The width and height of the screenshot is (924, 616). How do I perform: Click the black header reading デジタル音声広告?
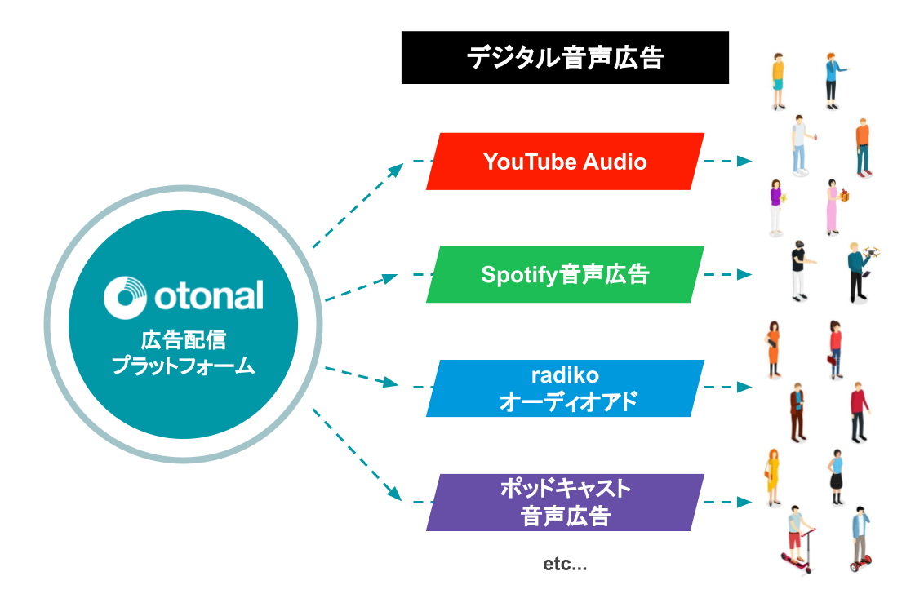[x=565, y=58]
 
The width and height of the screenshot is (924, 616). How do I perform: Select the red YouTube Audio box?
[x=565, y=162]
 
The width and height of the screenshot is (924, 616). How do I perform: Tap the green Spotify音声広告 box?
[x=565, y=274]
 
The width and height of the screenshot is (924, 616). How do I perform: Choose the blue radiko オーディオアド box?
[x=565, y=388]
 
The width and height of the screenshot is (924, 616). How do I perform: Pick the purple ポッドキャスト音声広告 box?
[x=565, y=503]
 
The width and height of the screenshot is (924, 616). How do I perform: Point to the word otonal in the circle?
[x=208, y=296]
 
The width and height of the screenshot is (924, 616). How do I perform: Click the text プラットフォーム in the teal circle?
[x=183, y=366]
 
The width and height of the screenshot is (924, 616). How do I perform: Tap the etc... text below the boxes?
[x=565, y=564]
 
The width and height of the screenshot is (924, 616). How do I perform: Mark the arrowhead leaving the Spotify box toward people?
[x=744, y=274]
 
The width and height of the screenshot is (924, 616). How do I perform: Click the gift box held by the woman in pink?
[x=846, y=196]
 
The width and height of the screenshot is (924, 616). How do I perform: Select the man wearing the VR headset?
[x=797, y=269]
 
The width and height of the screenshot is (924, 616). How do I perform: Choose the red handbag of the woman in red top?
[x=832, y=358]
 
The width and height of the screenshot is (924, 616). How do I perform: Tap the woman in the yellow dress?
[x=772, y=476]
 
